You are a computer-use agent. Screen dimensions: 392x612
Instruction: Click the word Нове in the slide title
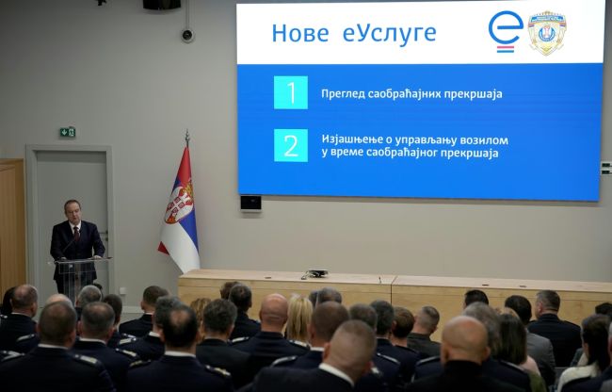(x=299, y=33)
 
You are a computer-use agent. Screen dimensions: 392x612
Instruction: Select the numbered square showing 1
(x=291, y=92)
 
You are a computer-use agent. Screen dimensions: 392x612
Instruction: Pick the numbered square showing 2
(x=291, y=145)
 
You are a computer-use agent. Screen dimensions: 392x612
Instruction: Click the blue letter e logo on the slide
(x=505, y=30)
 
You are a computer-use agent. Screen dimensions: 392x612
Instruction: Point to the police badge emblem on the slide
(x=546, y=32)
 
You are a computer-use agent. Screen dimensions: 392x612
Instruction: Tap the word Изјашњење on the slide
(x=356, y=139)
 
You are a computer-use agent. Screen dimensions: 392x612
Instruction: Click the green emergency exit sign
(x=67, y=132)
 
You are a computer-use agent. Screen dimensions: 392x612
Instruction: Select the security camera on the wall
(x=186, y=35)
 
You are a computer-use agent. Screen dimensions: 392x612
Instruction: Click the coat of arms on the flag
(x=178, y=204)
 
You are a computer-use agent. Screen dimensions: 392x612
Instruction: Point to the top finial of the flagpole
(x=186, y=135)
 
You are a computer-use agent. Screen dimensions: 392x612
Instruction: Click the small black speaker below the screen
(x=250, y=202)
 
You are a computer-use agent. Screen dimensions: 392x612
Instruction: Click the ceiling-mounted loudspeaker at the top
(x=161, y=4)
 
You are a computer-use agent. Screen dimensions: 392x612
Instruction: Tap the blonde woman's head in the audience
(x=298, y=316)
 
